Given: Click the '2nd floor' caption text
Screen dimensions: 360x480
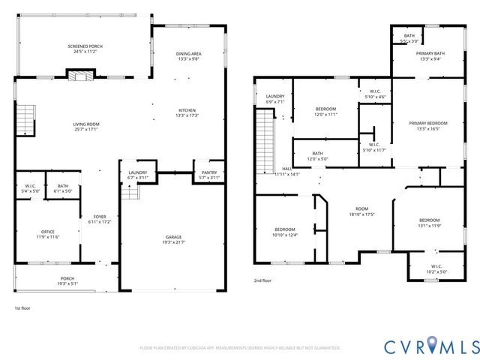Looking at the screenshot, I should tap(262, 280).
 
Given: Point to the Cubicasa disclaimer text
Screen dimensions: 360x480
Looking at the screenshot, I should tap(240, 348).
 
